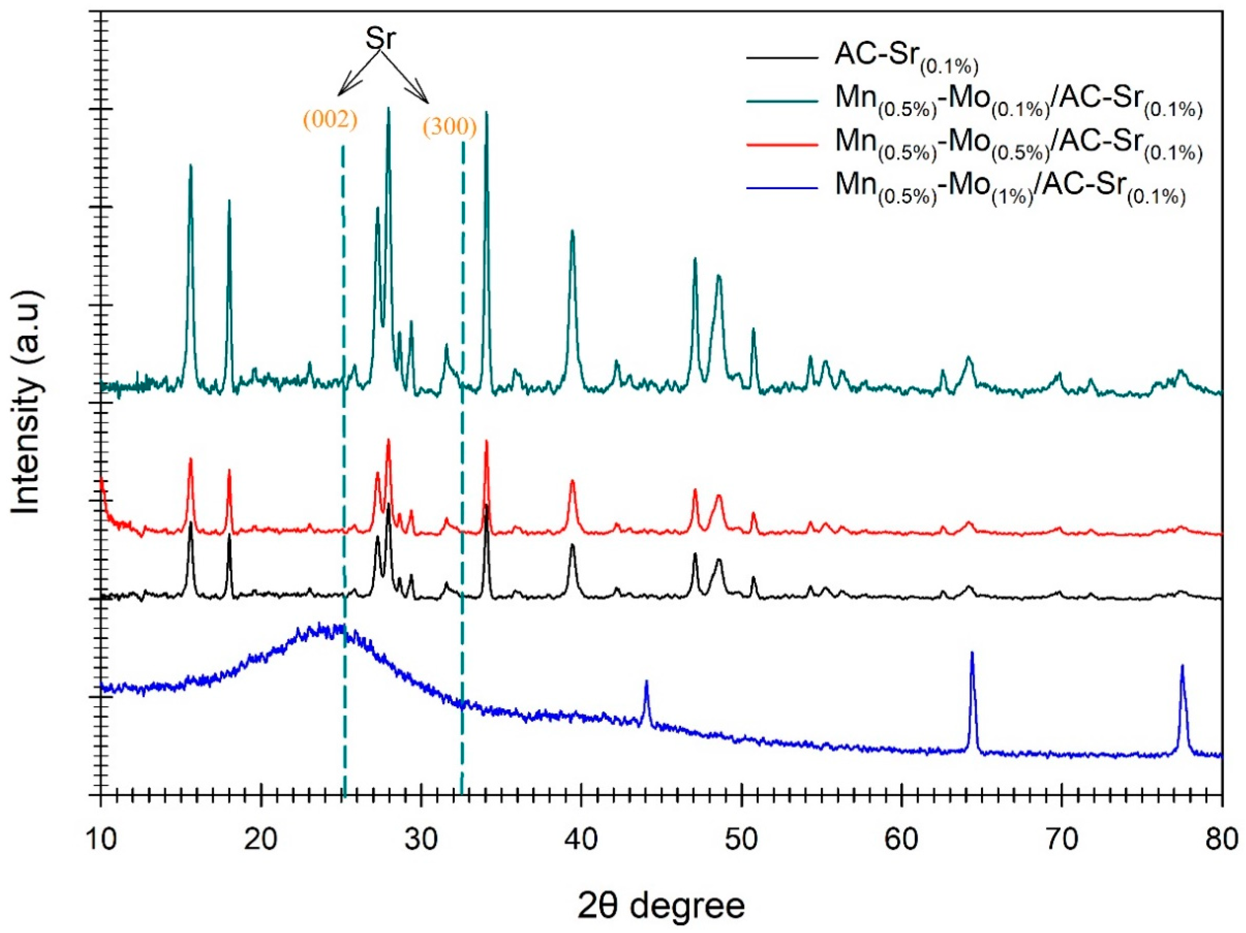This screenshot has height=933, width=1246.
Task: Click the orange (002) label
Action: click(330, 120)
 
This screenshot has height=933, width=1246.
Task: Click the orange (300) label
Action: click(449, 127)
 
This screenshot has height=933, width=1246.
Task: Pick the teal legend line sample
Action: click(782, 101)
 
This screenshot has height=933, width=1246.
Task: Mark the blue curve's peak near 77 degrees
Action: click(1182, 667)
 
